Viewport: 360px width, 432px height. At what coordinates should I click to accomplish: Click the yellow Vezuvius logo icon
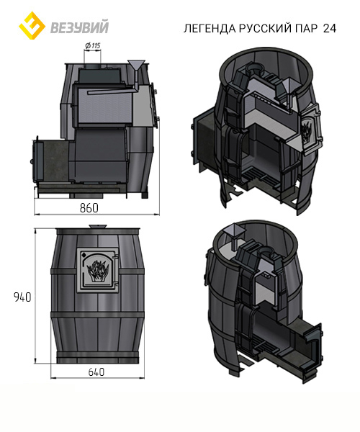pyautogui.click(x=32, y=25)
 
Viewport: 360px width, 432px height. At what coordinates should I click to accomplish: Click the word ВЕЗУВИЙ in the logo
pyautogui.click(x=80, y=27)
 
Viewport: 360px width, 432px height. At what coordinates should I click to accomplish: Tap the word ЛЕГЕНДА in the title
pyautogui.click(x=210, y=28)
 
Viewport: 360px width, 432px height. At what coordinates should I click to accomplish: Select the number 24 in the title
pyautogui.click(x=330, y=28)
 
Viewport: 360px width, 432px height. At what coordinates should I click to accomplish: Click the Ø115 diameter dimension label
pyautogui.click(x=93, y=45)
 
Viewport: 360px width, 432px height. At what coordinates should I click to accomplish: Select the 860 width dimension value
pyautogui.click(x=89, y=208)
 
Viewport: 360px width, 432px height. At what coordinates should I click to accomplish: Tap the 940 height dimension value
pyautogui.click(x=22, y=297)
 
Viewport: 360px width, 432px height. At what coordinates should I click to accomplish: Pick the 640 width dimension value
pyautogui.click(x=96, y=372)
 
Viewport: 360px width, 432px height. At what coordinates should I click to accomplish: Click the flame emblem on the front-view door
pyautogui.click(x=97, y=270)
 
